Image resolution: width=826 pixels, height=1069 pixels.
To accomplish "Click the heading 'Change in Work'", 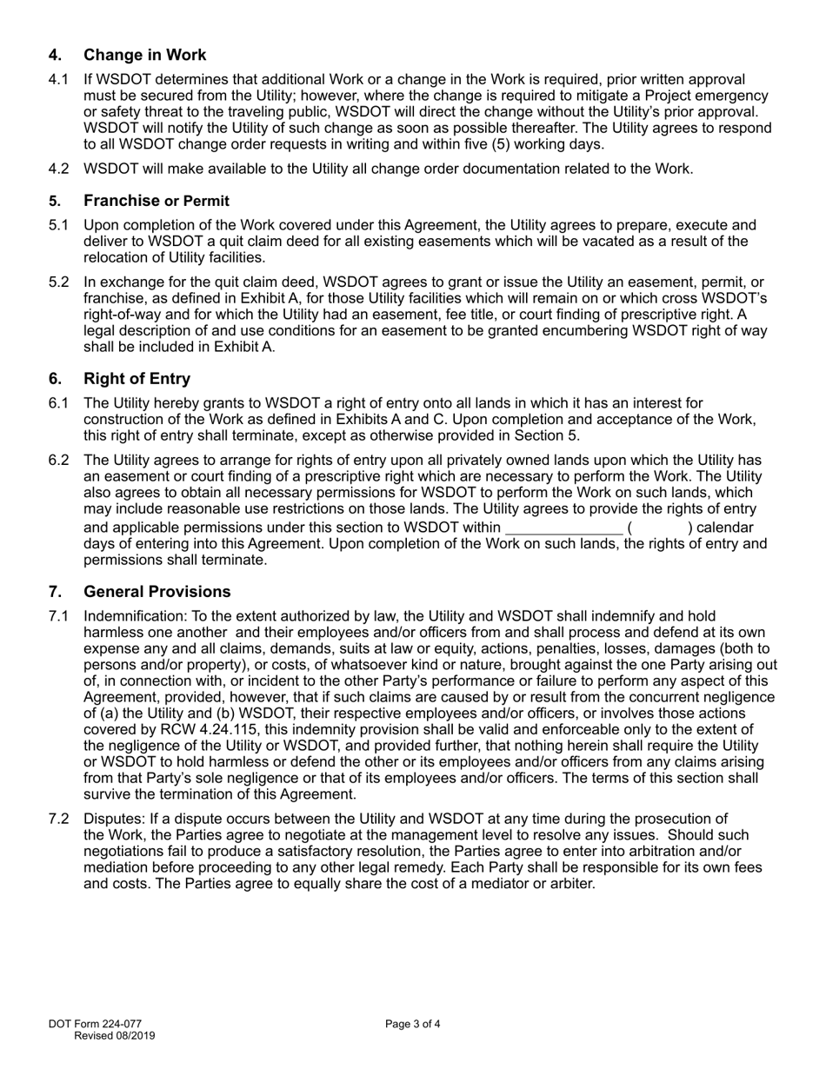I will coord(144,56).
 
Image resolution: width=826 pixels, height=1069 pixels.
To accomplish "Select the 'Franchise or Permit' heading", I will coord(157,201).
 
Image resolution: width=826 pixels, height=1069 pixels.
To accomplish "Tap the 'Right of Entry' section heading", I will coord(137,379).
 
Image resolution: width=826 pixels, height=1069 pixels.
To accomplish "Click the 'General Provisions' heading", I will coord(157,592).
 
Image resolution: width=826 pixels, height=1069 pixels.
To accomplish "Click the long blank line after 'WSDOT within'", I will coord(563,528).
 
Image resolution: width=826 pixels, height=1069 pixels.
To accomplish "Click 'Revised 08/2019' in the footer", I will coord(115,1035).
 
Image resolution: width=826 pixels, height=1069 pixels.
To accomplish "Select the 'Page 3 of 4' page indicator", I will coord(413,1024).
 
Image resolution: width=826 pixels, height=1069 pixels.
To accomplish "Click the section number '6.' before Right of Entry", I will coord(56,379).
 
